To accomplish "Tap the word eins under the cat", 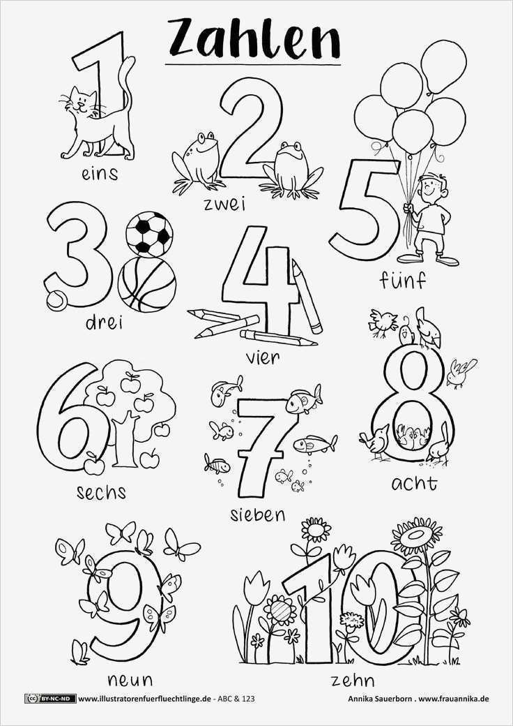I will tap(99, 172).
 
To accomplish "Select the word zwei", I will tap(225, 205).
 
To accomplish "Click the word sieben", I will tap(257, 514).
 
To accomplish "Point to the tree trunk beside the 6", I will tap(127, 440).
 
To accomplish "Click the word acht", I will tap(414, 482).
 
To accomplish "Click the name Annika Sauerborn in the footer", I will tap(381, 699).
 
